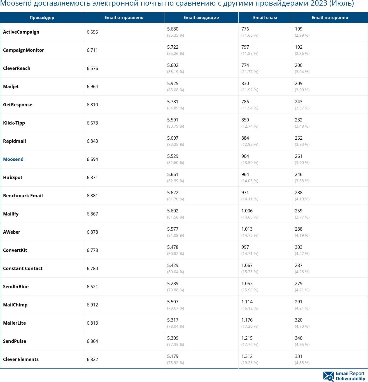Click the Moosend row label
[13, 159]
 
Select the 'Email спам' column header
[265, 17]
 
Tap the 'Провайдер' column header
[42, 17]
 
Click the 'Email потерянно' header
[330, 17]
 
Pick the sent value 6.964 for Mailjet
[92, 86]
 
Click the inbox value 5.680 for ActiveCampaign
[173, 29]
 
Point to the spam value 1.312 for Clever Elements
[247, 356]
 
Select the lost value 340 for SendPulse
[299, 338]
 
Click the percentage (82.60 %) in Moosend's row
[176, 163]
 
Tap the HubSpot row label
[13, 177]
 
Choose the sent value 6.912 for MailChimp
[92, 305]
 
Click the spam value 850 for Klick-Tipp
[245, 120]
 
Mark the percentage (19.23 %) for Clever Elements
[250, 363]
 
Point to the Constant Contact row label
[23, 268]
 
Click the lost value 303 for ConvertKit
[299, 247]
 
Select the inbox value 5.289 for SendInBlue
[173, 283]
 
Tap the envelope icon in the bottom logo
[328, 376]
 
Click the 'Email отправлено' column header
[124, 17]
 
